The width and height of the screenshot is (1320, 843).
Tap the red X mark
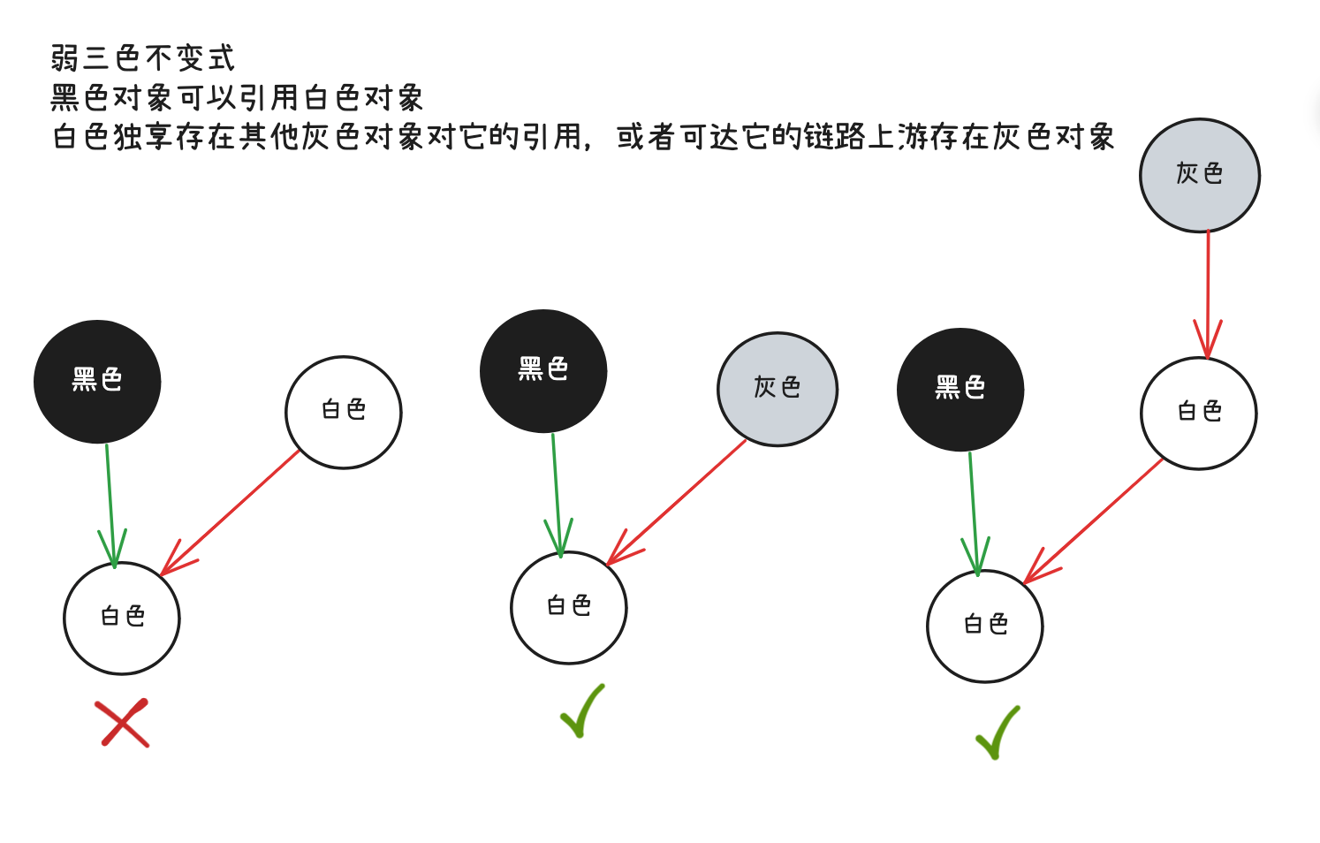coord(124,723)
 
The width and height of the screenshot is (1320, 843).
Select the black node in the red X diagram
coord(97,381)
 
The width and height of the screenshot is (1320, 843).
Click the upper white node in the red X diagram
coord(344,412)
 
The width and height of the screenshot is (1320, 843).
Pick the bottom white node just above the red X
coord(122,618)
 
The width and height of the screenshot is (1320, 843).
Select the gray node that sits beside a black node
coord(778,389)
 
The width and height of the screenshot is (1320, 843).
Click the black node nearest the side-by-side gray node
coord(543,370)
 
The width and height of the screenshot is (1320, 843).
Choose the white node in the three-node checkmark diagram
coord(569,607)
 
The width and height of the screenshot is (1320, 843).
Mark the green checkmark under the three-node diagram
coord(583,710)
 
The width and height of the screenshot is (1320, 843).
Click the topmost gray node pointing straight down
coord(1200,175)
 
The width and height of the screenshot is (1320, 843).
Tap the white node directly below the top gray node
coord(1199,413)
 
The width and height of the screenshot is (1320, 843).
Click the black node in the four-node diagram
coord(960,389)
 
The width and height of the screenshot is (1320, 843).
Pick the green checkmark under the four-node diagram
coord(998,733)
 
